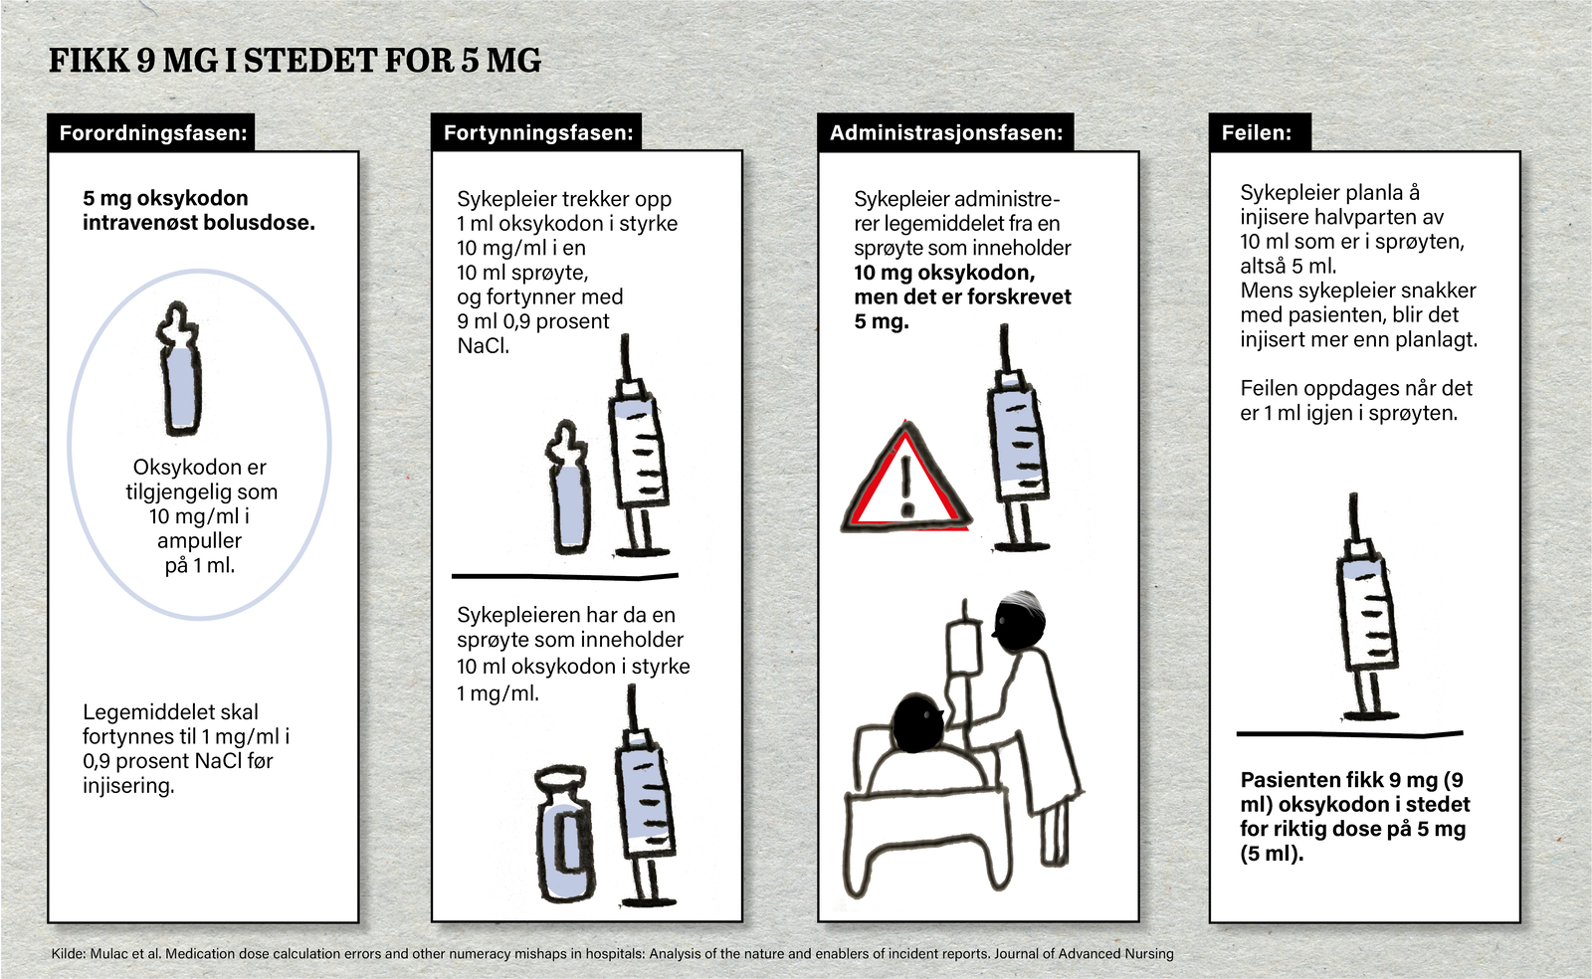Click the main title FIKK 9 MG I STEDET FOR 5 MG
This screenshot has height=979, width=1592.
pyautogui.click(x=295, y=61)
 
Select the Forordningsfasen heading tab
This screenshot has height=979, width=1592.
pyautogui.click(x=152, y=132)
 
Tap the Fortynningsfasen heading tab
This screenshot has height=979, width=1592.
pyautogui.click(x=537, y=132)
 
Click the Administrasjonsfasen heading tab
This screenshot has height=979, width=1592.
pyautogui.click(x=945, y=132)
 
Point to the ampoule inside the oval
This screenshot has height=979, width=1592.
pyautogui.click(x=180, y=373)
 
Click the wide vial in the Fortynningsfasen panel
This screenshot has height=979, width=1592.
pyautogui.click(x=564, y=834)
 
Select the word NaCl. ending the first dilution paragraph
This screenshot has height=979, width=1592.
pyautogui.click(x=483, y=346)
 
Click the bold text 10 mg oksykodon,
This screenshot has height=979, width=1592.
pyautogui.click(x=944, y=273)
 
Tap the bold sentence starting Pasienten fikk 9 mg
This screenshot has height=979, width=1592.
pyautogui.click(x=1353, y=816)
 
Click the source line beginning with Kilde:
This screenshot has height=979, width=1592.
pyautogui.click(x=612, y=953)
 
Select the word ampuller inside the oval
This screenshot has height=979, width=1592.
pyautogui.click(x=199, y=540)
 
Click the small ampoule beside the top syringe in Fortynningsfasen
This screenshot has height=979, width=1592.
pyautogui.click(x=569, y=492)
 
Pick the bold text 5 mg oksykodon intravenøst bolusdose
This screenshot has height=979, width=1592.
pyautogui.click(x=198, y=210)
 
